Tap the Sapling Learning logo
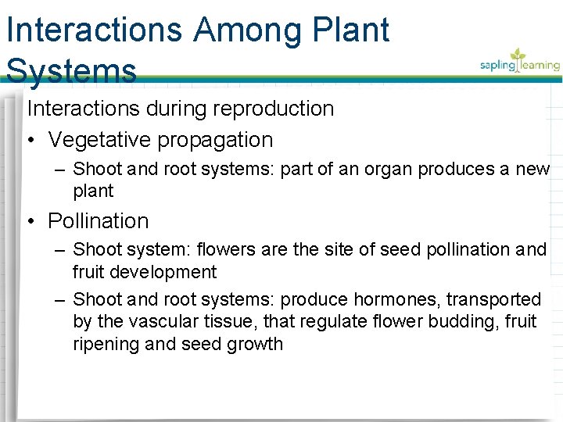(x=519, y=63)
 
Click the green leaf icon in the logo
(x=517, y=56)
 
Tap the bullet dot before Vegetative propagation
(x=30, y=141)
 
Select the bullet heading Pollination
(x=98, y=221)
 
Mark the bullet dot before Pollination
(x=30, y=222)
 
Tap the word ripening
(x=107, y=344)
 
